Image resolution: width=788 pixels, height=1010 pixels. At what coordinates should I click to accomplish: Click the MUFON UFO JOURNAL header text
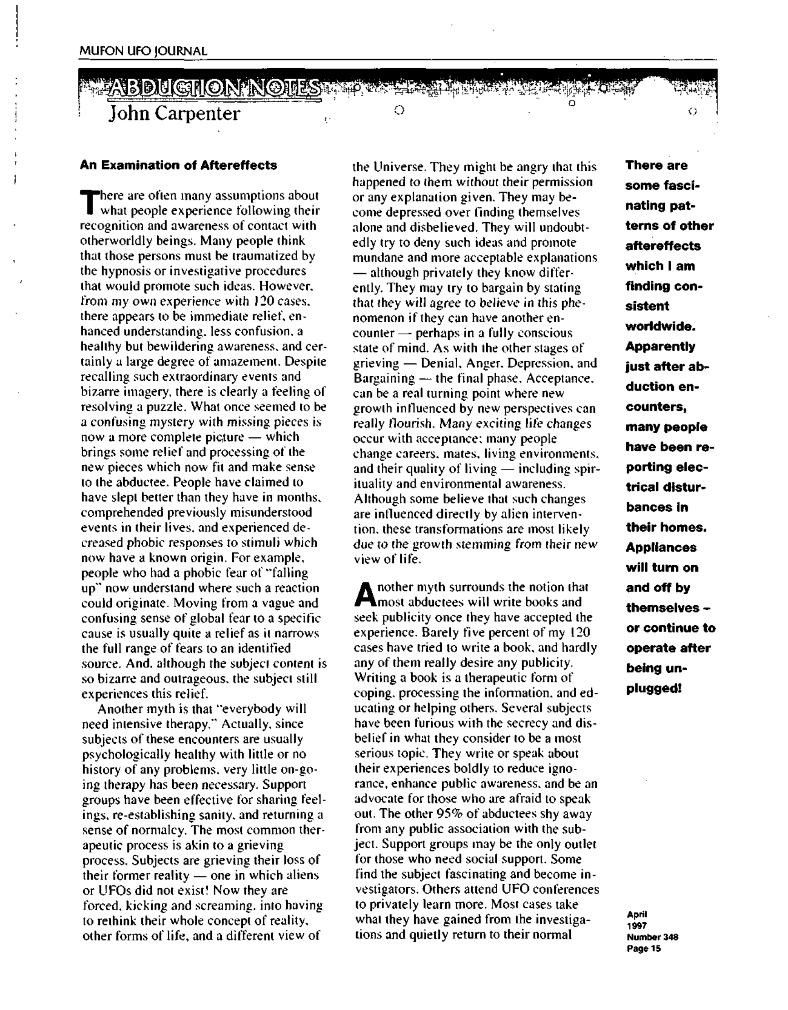click(143, 51)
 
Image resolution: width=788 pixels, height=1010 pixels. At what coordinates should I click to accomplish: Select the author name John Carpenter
click(175, 114)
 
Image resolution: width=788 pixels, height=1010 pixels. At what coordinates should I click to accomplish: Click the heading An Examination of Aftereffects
click(179, 165)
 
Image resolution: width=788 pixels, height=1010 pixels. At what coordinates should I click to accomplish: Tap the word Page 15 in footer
click(644, 949)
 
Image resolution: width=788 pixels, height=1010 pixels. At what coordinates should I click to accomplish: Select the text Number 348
click(652, 937)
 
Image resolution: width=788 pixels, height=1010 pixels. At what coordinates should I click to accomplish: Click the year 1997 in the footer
click(636, 926)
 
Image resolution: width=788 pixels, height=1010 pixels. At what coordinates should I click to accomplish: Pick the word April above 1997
click(637, 914)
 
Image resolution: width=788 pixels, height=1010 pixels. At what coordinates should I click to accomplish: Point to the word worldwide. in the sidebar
click(660, 326)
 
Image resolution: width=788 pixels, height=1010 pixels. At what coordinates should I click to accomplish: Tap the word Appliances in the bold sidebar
click(661, 547)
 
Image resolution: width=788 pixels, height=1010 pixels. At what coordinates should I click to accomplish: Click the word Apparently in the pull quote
click(660, 346)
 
